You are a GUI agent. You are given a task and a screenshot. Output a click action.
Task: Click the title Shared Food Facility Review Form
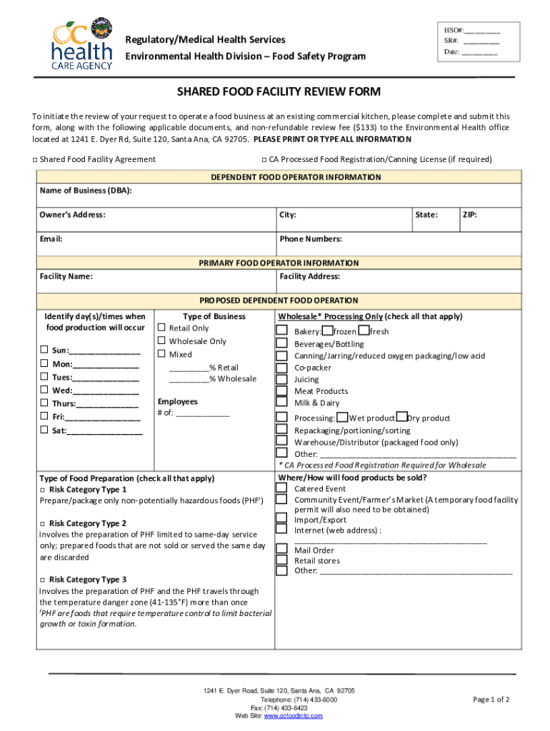tap(279, 92)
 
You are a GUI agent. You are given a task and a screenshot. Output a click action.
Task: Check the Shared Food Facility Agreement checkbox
tap(35, 159)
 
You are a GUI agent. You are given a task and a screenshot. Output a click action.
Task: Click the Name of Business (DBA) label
tap(86, 191)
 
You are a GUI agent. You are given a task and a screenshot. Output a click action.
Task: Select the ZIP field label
tap(470, 215)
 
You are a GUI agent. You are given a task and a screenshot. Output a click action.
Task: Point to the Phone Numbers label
tap(311, 239)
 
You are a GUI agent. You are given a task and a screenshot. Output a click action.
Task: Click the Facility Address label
tap(310, 276)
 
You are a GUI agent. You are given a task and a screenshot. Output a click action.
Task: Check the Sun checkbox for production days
tap(44, 350)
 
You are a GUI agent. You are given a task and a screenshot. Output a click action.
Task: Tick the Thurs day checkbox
tap(44, 403)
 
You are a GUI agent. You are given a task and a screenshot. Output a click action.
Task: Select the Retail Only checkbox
tap(161, 328)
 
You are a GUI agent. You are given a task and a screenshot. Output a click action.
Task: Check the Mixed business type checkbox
tap(161, 354)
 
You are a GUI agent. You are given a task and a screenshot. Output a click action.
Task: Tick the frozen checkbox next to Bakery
tap(326, 331)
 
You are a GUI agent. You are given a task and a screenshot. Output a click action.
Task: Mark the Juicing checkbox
tap(281, 379)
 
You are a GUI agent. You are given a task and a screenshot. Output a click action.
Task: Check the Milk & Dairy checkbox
tap(281, 403)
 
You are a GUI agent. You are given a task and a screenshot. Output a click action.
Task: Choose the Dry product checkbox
tap(402, 418)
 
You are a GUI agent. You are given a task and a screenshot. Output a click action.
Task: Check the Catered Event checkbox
tap(281, 489)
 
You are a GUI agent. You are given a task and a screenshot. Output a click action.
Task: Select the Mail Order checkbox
tap(281, 550)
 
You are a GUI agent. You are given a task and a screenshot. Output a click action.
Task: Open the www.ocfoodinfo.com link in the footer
tap(294, 715)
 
